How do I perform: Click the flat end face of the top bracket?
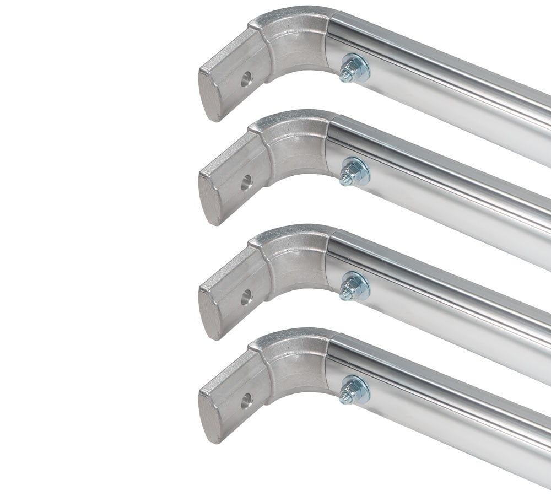(209, 96)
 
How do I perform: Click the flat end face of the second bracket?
(209, 200)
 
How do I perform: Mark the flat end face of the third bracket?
(209, 314)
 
